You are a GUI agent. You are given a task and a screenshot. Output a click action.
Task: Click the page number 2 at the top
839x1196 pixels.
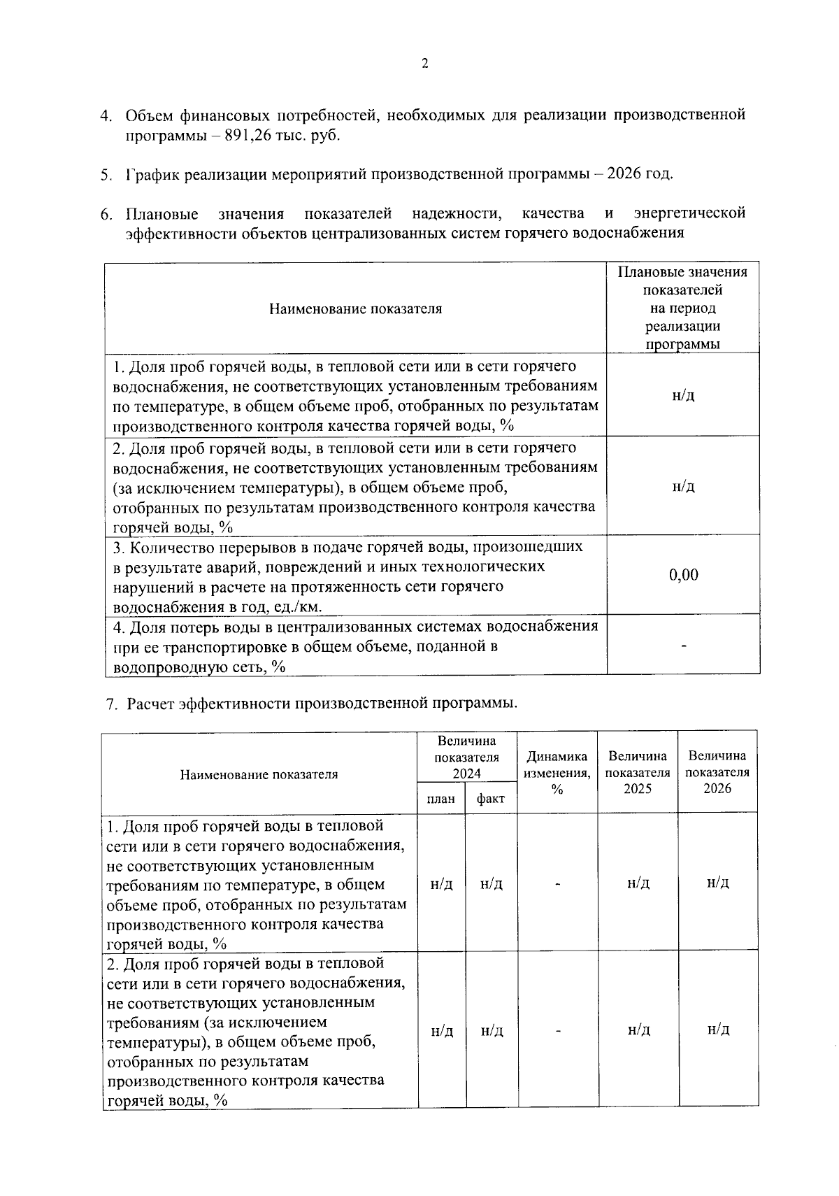(x=424, y=64)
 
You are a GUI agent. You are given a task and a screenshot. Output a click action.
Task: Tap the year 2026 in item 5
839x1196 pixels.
(x=624, y=173)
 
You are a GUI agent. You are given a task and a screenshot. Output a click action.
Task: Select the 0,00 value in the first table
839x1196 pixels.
(x=683, y=575)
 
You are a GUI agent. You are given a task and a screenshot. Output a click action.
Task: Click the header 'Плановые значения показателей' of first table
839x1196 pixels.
(x=682, y=308)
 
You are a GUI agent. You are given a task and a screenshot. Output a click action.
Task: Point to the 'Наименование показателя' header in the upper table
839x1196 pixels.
(x=355, y=308)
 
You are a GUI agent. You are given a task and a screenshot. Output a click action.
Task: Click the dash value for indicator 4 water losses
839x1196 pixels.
(x=683, y=646)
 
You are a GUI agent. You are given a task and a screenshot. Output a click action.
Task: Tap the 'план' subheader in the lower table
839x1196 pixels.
(x=440, y=799)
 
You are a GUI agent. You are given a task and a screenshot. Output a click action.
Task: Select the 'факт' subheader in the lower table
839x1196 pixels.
(x=491, y=799)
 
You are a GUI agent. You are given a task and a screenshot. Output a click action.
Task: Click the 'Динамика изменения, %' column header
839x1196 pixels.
(x=557, y=773)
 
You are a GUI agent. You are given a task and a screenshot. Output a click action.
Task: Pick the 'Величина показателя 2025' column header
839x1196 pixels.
(x=638, y=772)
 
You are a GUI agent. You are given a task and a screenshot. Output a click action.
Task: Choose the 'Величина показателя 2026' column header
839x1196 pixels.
(x=717, y=772)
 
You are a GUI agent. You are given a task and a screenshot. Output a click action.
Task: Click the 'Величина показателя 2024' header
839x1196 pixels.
(x=466, y=757)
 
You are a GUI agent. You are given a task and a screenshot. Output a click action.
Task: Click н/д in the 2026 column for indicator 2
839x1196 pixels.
(x=718, y=1029)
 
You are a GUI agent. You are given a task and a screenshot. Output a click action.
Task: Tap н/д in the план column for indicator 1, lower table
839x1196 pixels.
(x=441, y=884)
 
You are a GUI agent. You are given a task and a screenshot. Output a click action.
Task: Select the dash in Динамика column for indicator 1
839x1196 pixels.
(x=557, y=884)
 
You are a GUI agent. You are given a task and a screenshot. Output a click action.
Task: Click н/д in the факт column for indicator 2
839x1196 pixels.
(x=492, y=1031)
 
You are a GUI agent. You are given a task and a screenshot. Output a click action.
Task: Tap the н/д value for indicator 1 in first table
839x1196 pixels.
(x=683, y=395)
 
